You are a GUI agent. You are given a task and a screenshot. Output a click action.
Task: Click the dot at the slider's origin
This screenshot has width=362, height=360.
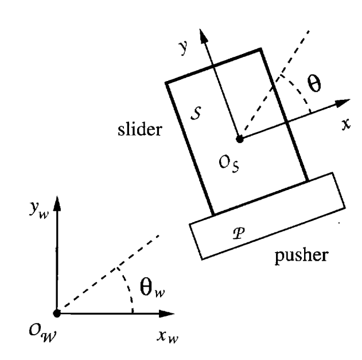[x=240, y=138]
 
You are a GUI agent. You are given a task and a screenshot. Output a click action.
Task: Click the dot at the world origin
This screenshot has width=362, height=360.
[x=56, y=313]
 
